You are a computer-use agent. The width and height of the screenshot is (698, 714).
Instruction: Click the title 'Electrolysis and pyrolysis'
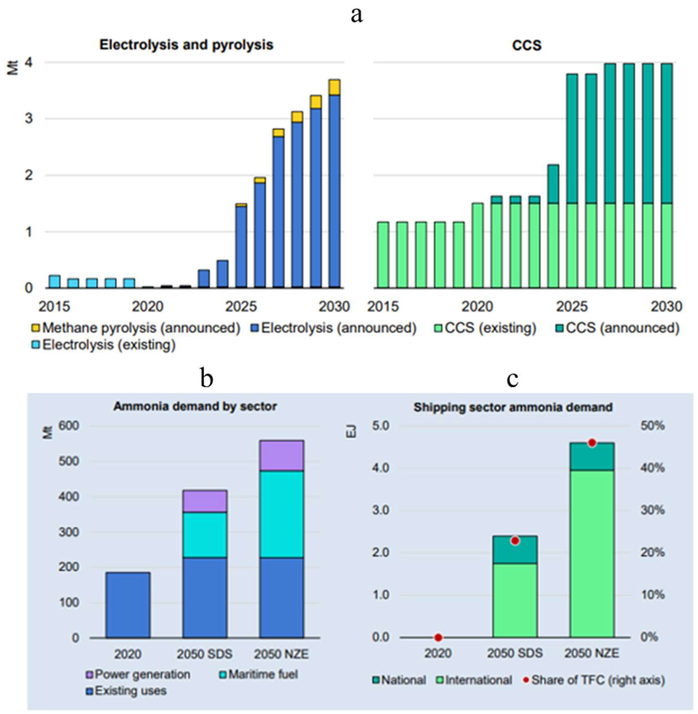pyautogui.click(x=186, y=45)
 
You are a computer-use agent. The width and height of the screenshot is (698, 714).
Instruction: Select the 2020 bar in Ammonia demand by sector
pyautogui.click(x=128, y=605)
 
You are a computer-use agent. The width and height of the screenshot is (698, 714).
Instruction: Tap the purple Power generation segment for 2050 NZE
pyautogui.click(x=282, y=455)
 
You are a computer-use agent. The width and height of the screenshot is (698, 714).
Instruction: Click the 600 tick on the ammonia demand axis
pyautogui.click(x=70, y=426)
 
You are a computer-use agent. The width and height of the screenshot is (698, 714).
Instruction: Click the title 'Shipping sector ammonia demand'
pyautogui.click(x=513, y=407)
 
